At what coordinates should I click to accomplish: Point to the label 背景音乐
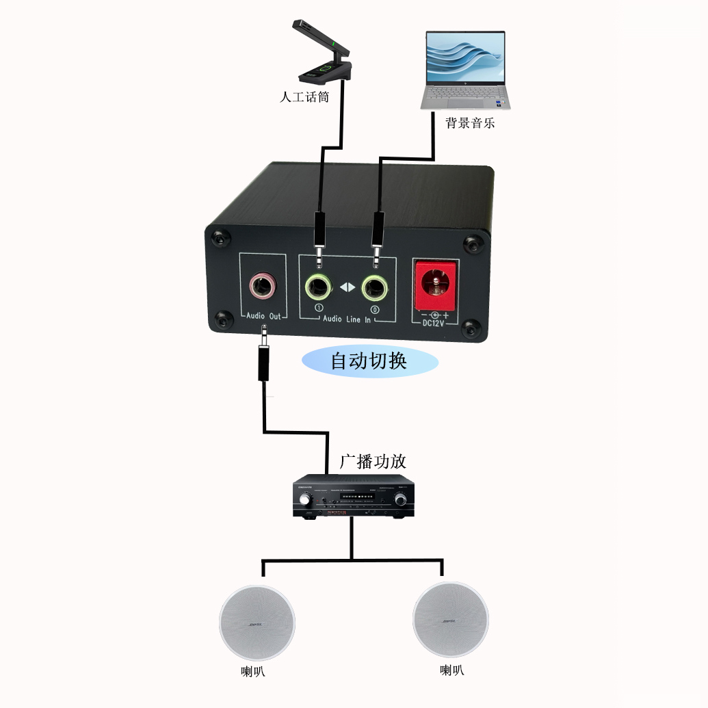coord(470,123)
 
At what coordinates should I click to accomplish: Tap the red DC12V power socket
coord(434,282)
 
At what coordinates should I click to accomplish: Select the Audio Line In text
coord(346,319)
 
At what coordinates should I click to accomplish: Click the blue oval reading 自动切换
coord(369,360)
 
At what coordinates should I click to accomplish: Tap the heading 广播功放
coord(373,461)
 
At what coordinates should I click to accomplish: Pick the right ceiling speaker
coord(450,620)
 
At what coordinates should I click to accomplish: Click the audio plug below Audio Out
coord(263,359)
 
